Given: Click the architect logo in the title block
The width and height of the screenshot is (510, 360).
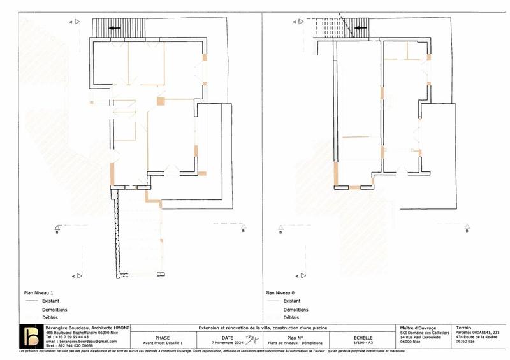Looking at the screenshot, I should [x=29, y=336].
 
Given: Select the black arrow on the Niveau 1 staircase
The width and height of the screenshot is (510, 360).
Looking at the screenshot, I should [x=115, y=28].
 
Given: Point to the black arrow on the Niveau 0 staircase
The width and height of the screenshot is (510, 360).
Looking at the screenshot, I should [x=360, y=28].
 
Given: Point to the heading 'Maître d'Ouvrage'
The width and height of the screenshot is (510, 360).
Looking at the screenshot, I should [x=418, y=328].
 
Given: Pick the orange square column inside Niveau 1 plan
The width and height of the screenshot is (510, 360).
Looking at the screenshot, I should [x=161, y=101].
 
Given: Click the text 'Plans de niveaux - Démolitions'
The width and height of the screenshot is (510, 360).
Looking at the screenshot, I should [x=294, y=342].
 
